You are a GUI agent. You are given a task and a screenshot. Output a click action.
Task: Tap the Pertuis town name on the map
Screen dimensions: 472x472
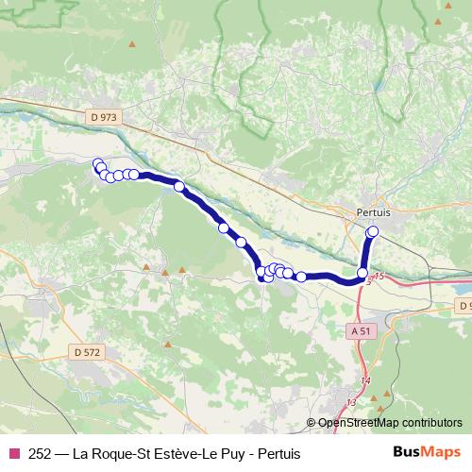pos(374,214)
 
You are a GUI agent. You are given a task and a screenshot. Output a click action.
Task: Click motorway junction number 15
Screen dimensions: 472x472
pos(379,276)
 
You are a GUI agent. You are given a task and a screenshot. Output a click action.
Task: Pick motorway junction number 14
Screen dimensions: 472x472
pos(366,380)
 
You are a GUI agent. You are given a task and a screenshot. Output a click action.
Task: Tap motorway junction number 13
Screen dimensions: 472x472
pos(351,403)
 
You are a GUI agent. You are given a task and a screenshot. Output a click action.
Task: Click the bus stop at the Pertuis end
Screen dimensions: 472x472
pos(372,231)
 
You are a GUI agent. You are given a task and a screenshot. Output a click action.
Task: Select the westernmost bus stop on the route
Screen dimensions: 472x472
pos(96,162)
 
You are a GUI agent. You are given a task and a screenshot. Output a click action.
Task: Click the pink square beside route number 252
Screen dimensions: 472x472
pos(13,454)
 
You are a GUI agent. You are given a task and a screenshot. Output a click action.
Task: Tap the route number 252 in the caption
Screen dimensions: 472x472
pos(41,454)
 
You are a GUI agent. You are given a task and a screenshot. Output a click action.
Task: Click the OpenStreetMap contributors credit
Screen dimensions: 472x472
pos(390,423)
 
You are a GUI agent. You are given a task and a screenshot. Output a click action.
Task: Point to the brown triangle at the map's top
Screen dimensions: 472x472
pos(133,43)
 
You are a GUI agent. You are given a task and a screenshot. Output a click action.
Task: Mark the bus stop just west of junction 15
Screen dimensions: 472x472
pos(362,273)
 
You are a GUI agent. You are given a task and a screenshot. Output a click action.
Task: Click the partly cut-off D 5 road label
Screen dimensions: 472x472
pos(464,307)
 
